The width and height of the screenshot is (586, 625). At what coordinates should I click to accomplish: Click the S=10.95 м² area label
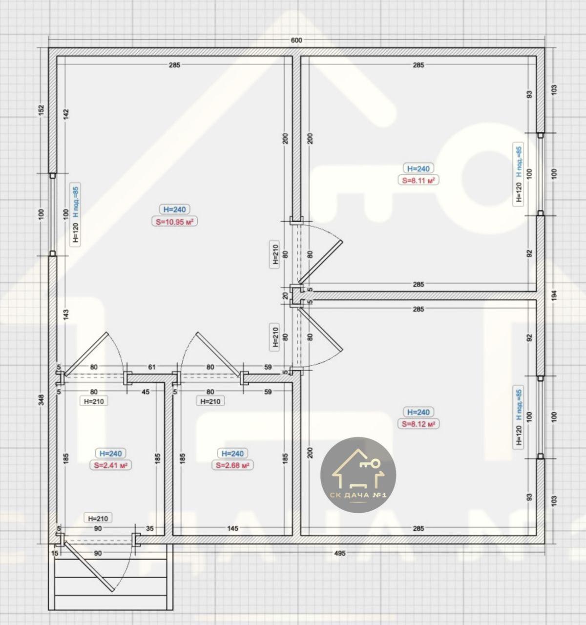tap(174, 222)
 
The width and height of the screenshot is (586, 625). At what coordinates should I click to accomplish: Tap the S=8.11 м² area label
tap(419, 180)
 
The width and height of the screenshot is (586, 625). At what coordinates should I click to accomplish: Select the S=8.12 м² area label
tap(419, 424)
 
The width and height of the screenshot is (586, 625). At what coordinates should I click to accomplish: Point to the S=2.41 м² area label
tap(110, 465)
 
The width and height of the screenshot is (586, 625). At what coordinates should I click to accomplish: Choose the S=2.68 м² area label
tap(233, 465)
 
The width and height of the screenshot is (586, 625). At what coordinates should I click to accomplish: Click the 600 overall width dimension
tap(296, 40)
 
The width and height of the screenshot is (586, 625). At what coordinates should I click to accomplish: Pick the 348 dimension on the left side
tap(41, 400)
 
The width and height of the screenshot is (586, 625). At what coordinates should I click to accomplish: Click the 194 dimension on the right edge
tap(554, 295)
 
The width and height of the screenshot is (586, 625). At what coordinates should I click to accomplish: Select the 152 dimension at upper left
tap(41, 110)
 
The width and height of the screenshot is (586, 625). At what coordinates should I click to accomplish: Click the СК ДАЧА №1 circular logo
tap(358, 475)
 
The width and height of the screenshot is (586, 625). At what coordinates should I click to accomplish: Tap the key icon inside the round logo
tap(370, 464)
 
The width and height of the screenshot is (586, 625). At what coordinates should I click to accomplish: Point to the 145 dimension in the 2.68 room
tap(233, 528)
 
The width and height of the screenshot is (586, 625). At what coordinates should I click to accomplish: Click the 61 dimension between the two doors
tap(152, 367)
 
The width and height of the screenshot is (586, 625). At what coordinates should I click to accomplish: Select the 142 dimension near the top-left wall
tap(66, 114)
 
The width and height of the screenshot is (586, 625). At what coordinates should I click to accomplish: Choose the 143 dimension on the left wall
tap(66, 315)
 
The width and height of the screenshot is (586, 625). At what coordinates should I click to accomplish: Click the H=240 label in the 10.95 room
tap(174, 209)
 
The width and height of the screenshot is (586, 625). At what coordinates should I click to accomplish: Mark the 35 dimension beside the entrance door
tap(150, 528)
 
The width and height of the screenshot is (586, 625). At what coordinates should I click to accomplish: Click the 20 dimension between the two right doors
tap(285, 296)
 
